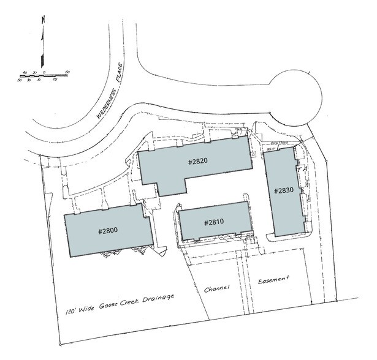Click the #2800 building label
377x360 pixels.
point(108,231)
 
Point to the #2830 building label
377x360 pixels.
point(285,190)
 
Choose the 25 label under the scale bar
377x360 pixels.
point(54,80)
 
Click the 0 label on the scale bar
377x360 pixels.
point(44,72)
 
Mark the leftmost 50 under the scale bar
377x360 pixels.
point(20,80)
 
